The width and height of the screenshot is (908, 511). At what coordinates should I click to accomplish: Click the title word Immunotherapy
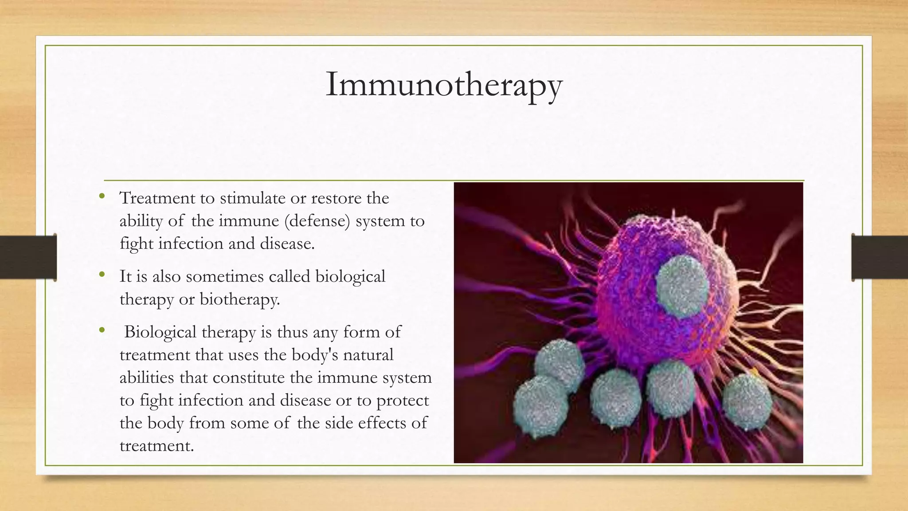444,84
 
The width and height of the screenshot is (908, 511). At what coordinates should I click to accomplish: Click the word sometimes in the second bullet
225,276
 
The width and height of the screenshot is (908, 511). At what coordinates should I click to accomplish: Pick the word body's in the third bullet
315,354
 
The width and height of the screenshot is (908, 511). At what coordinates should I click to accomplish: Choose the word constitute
248,377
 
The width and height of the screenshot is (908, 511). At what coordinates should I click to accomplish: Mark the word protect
403,400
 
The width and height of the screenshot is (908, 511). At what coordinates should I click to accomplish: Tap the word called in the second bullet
290,276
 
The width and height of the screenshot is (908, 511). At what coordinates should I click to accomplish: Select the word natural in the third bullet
368,354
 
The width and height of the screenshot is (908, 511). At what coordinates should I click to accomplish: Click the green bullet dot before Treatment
102,196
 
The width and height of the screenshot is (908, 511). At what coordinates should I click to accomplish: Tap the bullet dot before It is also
102,275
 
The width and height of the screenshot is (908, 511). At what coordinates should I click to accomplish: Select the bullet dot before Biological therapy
102,330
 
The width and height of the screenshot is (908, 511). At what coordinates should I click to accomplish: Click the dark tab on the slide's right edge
880,257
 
